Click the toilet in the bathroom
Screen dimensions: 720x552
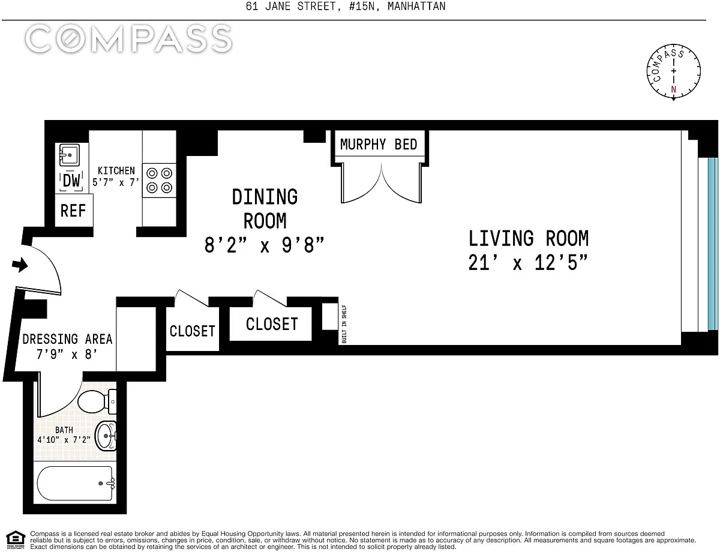tap(96, 401)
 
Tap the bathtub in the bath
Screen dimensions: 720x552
tap(75, 484)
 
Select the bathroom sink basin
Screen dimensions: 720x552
tap(106, 436)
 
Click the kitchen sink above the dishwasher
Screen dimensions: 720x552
tap(70, 155)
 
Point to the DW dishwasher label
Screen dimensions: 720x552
tap(71, 181)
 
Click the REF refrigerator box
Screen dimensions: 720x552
tap(74, 211)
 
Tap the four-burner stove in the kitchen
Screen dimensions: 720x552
tap(159, 181)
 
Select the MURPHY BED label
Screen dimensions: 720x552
tap(379, 145)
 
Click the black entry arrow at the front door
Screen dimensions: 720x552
tap(20, 265)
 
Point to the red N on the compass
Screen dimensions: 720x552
tap(673, 89)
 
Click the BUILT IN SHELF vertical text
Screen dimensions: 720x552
tap(344, 324)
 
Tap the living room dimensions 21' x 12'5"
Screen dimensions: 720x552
tap(528, 263)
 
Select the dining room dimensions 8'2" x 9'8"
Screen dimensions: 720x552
tap(264, 245)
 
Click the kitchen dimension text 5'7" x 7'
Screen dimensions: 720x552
tap(116, 182)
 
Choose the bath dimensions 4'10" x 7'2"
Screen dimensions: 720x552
tap(64, 440)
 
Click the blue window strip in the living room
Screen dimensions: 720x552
tap(713, 244)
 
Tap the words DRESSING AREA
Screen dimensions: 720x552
tap(67, 339)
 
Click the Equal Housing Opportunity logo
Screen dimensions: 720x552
tap(16, 539)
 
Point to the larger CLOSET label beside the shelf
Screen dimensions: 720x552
tap(272, 324)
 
